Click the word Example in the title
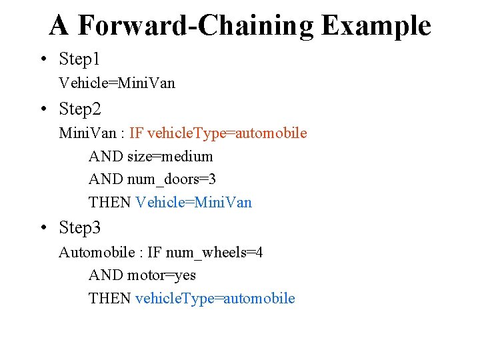pyautogui.click(x=376, y=26)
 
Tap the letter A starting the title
pyautogui.click(x=59, y=26)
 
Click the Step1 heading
pyautogui.click(x=79, y=59)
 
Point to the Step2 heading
pyautogui.click(x=79, y=109)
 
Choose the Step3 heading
pyautogui.click(x=79, y=228)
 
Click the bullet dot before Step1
pyautogui.click(x=43, y=60)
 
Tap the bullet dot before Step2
pyautogui.click(x=43, y=109)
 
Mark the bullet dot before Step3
pyautogui.click(x=43, y=229)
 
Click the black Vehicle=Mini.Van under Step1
pyautogui.click(x=117, y=83)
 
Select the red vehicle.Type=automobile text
pyautogui.click(x=227, y=133)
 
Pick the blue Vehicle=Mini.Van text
pyautogui.click(x=193, y=202)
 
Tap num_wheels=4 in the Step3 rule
pyautogui.click(x=214, y=253)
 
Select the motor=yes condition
pyautogui.click(x=161, y=275)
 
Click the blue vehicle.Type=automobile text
pyautogui.click(x=215, y=298)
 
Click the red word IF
pyautogui.click(x=136, y=133)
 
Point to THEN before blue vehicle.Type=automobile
pyautogui.click(x=109, y=298)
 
